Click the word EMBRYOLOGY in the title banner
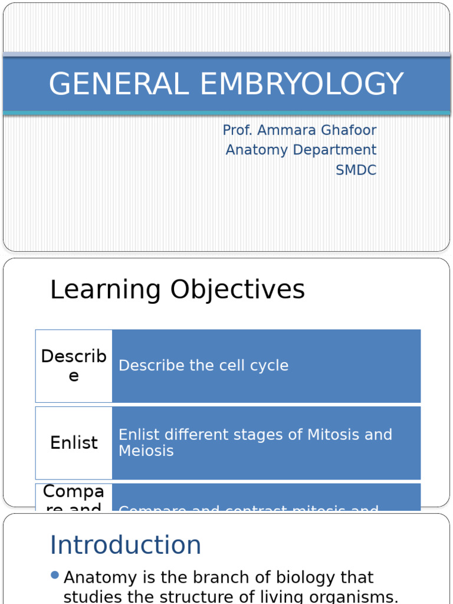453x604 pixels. pyautogui.click(x=301, y=84)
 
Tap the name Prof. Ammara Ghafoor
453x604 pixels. pyautogui.click(x=299, y=130)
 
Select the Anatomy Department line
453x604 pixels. pyautogui.click(x=301, y=150)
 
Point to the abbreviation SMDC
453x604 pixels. pyautogui.click(x=356, y=170)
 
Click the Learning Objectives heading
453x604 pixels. pyautogui.click(x=178, y=290)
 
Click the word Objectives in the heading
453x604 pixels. pyautogui.click(x=238, y=290)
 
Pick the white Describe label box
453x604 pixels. pyautogui.click(x=74, y=366)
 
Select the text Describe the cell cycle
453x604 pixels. pyautogui.click(x=203, y=366)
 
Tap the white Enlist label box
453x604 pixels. pyautogui.click(x=74, y=443)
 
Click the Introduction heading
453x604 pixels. pyautogui.click(x=126, y=545)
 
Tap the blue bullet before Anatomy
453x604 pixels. pyautogui.click(x=55, y=575)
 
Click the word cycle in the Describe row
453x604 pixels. pyautogui.click(x=268, y=366)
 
